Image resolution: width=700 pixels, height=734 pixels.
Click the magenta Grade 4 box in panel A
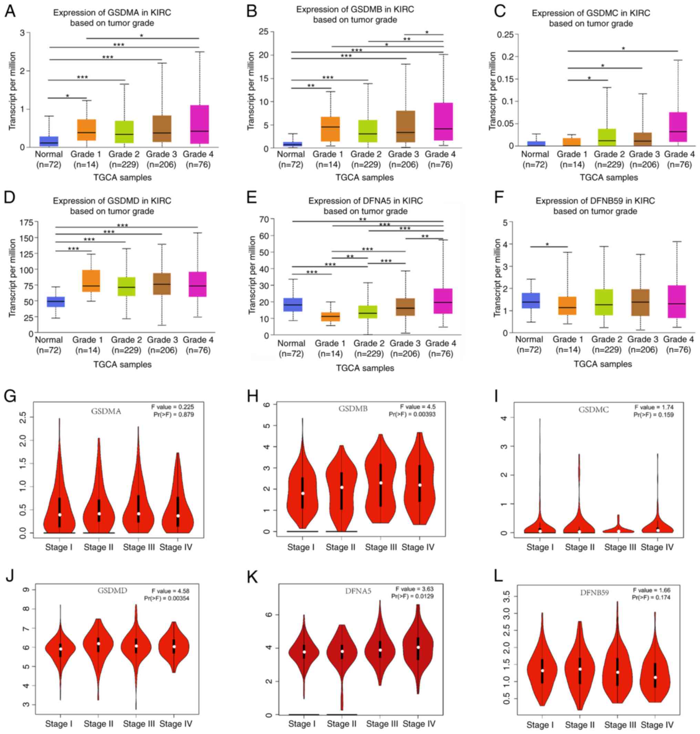[199, 124]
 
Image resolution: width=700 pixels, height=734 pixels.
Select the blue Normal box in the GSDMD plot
[55, 302]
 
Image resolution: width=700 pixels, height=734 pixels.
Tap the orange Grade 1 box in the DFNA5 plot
[331, 316]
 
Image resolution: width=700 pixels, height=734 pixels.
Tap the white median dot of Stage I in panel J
[60, 649]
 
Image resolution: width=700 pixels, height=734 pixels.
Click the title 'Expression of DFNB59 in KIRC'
[595, 201]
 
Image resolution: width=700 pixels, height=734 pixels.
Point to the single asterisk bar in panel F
[548, 247]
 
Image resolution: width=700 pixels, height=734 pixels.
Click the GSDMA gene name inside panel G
[106, 411]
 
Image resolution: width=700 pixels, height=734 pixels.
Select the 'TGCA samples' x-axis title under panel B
[364, 177]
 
